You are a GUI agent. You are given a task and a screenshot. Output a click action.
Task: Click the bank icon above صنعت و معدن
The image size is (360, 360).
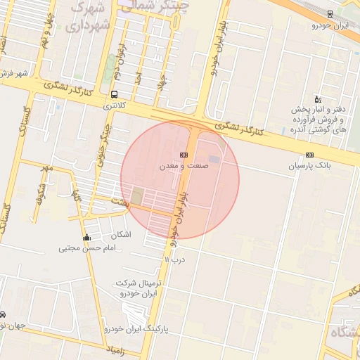click(184, 154)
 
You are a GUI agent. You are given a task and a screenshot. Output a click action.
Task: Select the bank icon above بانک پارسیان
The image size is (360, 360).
click(309, 155)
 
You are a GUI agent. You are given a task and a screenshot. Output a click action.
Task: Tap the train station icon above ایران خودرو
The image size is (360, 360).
click(330, 14)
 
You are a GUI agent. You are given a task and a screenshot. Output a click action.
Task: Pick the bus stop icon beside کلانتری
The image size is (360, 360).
click(114, 94)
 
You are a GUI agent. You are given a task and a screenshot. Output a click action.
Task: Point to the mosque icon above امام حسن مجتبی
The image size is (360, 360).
click(86, 238)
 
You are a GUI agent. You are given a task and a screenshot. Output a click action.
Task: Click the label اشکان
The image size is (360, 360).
click(121, 235)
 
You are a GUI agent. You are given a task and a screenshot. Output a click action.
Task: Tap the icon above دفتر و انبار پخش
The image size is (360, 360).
click(317, 99)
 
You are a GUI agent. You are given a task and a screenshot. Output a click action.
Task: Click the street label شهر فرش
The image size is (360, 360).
click(13, 73)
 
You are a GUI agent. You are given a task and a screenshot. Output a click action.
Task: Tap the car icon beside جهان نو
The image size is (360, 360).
click(3, 314)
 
